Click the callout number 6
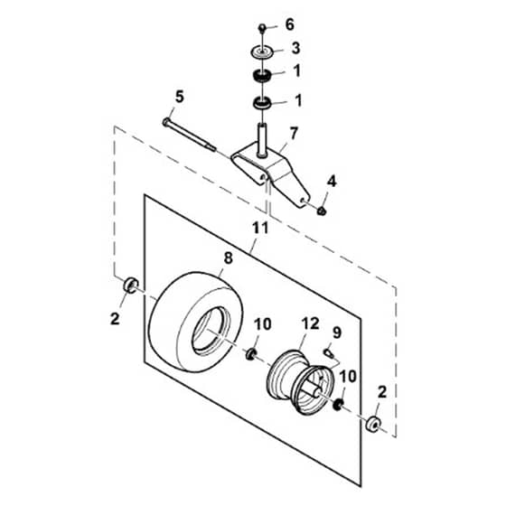[289, 25]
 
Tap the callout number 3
[295, 48]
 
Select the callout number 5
[179, 97]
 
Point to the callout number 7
[294, 134]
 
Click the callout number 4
[332, 182]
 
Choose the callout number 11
[260, 229]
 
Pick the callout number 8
[228, 258]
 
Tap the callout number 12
[310, 323]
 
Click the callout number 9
[336, 333]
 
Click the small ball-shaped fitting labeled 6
[262, 27]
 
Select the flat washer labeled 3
[263, 52]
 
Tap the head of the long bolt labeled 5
[166, 122]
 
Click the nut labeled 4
[321, 211]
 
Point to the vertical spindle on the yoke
[262, 140]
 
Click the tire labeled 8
[195, 322]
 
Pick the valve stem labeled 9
[328, 352]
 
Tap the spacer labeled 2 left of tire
[131, 285]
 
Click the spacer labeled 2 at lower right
[373, 424]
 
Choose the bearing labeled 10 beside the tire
[251, 354]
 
